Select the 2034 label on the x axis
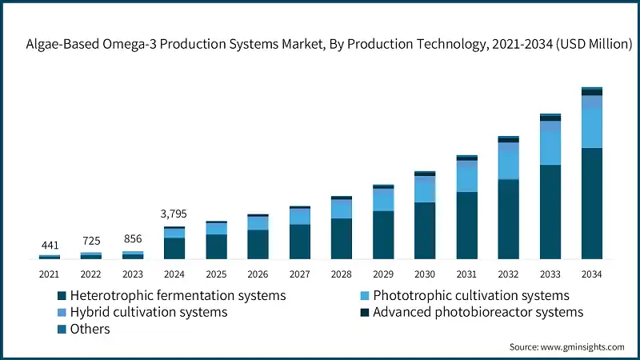591,274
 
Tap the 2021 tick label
49,274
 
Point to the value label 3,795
174,214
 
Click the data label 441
49,244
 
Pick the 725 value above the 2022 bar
90,241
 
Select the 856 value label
132,238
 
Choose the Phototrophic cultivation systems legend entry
470,296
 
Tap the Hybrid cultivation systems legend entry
149,312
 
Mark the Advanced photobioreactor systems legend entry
478,312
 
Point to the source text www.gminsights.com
566,346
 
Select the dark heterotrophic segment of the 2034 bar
591,203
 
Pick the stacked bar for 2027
299,233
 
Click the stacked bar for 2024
174,243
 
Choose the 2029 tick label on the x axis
383,274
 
